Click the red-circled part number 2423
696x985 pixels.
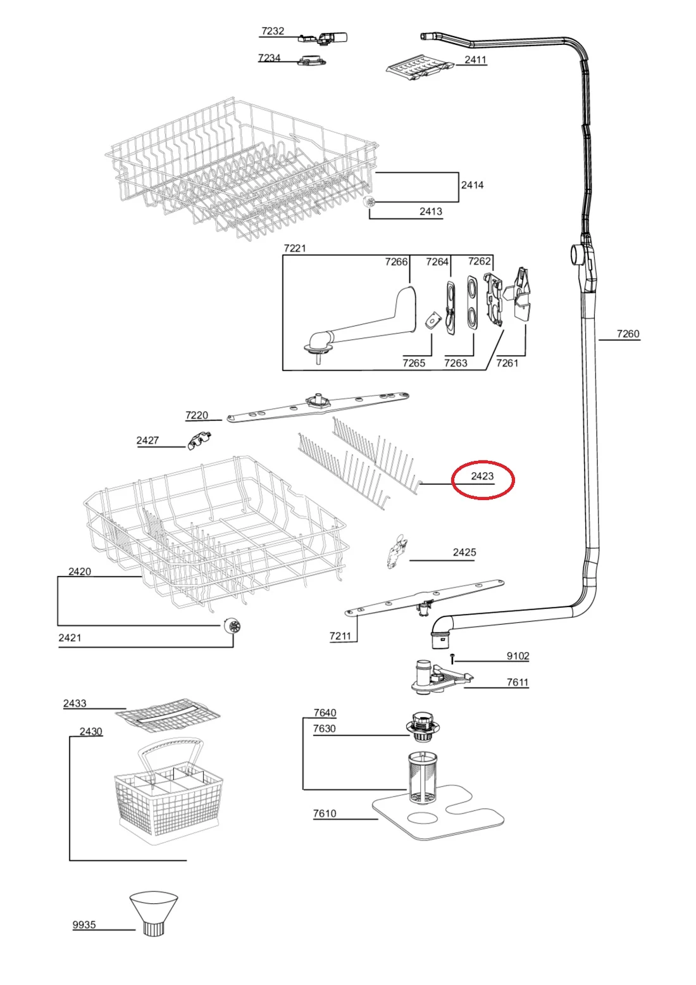[482, 476]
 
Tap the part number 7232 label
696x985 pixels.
[273, 31]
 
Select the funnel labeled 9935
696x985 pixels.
[154, 913]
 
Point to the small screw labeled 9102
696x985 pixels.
[452, 658]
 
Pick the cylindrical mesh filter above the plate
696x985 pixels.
[423, 777]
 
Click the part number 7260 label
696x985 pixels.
[628, 334]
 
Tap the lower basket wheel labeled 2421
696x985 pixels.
[232, 625]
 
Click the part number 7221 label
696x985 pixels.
[294, 248]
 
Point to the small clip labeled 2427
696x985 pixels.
[199, 441]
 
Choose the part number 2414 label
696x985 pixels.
[472, 185]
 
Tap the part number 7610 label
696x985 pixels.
[324, 813]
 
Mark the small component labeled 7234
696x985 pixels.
[313, 60]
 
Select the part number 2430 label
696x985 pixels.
[90, 731]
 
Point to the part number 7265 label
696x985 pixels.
[413, 363]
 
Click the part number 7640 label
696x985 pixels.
[325, 712]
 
